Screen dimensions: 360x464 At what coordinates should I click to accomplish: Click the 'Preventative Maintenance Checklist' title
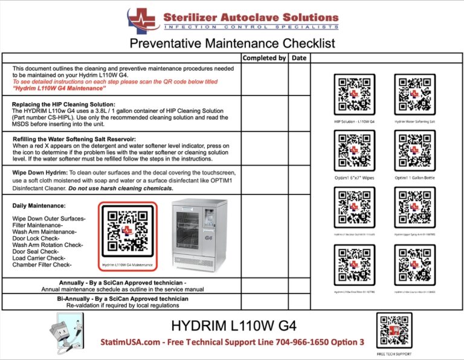click(x=232, y=43)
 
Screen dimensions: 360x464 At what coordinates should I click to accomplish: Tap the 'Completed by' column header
click(x=264, y=58)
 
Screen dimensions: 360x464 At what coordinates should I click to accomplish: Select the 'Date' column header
click(x=298, y=58)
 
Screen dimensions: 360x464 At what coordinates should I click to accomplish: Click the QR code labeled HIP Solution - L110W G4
click(x=355, y=94)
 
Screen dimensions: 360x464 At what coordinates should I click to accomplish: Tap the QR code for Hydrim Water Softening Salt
click(x=414, y=94)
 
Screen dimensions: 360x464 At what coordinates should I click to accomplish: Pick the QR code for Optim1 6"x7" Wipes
click(x=355, y=151)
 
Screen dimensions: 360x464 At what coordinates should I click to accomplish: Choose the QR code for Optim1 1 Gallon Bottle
click(x=414, y=151)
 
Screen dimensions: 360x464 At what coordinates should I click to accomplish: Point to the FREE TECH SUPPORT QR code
click(x=394, y=330)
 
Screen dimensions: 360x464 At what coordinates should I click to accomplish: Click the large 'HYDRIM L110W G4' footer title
click(x=234, y=326)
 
